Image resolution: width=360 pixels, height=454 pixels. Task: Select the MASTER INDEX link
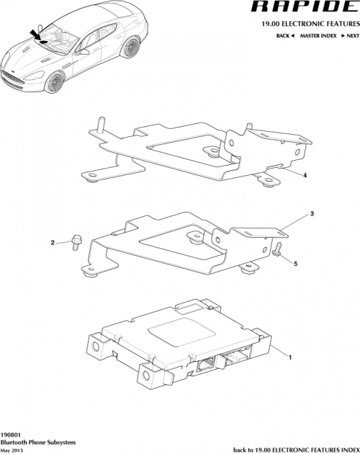[x=316, y=35]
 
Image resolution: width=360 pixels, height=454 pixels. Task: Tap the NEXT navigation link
[x=350, y=35]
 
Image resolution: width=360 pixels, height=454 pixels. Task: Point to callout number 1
[x=290, y=357]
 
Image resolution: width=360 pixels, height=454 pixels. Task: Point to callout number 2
[x=53, y=243]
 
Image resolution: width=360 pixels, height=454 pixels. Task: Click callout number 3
[x=312, y=214]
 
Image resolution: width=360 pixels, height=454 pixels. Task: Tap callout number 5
[x=294, y=264]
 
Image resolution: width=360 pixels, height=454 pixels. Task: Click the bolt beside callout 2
[x=74, y=242]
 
